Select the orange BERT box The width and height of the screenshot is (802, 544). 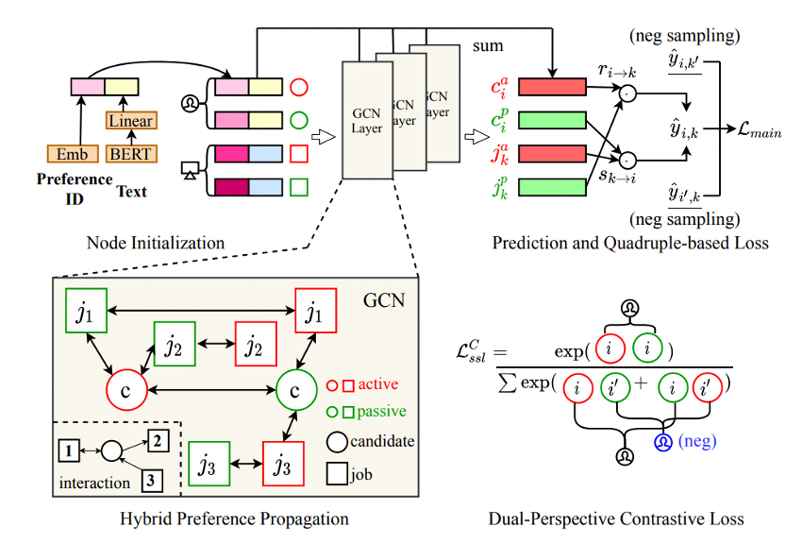pyautogui.click(x=130, y=153)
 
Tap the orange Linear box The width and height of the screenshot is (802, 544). pyautogui.click(x=130, y=121)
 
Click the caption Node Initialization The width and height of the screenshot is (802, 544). pyautogui.click(x=155, y=243)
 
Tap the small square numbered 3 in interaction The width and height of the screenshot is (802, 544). pyautogui.click(x=150, y=480)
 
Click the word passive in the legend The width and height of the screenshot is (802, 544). pyautogui.click(x=380, y=412)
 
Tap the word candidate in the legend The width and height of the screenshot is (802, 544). pyautogui.click(x=382, y=440)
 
